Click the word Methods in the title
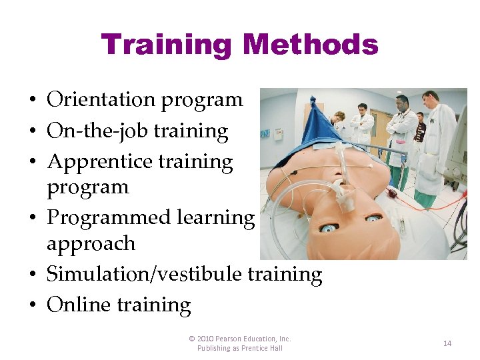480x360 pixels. pos(311,45)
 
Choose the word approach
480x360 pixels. pos(91,244)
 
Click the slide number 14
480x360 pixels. pos(447,343)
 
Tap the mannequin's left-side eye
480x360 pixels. pos(329,228)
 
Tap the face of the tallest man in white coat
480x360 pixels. pos(429,100)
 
